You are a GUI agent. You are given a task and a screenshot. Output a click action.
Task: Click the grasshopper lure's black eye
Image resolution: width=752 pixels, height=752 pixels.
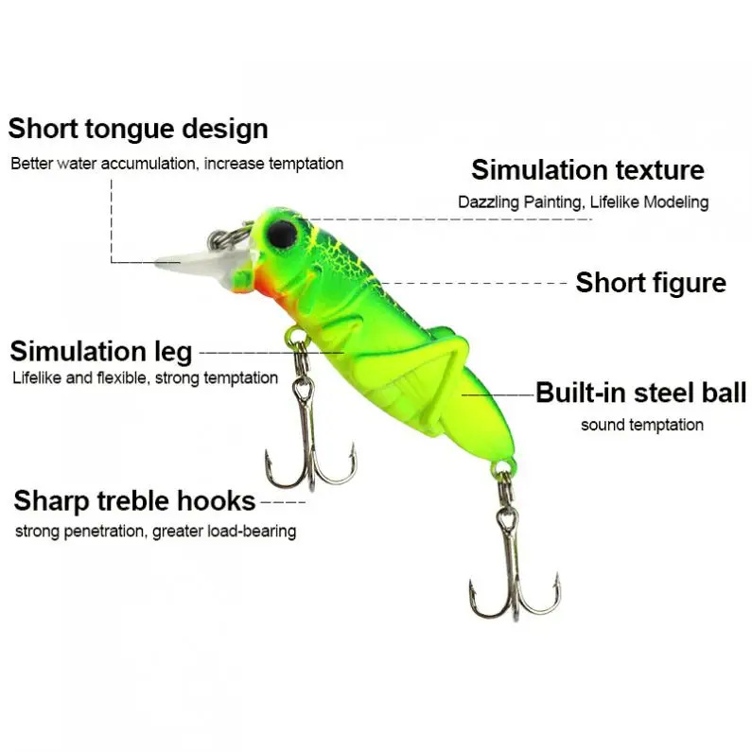(x=283, y=234)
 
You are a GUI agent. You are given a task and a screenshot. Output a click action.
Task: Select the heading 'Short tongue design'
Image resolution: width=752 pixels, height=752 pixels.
(x=138, y=129)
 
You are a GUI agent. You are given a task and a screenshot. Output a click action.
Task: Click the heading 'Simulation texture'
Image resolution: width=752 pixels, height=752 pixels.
(x=587, y=169)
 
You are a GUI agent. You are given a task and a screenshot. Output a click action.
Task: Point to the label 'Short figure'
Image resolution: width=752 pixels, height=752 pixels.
(x=651, y=282)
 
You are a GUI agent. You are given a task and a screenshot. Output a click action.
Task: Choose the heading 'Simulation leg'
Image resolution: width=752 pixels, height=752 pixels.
(x=100, y=352)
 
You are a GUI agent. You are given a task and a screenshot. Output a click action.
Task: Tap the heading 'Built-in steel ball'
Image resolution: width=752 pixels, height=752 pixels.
(x=640, y=393)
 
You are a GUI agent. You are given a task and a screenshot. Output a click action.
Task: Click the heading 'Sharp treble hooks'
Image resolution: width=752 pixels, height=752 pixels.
(x=134, y=500)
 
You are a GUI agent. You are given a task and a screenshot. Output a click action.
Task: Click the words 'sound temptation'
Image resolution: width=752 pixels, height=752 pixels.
(x=642, y=425)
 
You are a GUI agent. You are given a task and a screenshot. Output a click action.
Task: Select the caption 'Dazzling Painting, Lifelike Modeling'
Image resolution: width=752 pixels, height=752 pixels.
(x=584, y=201)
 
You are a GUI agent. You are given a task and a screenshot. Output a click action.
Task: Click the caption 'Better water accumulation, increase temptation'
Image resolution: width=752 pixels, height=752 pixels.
(x=177, y=164)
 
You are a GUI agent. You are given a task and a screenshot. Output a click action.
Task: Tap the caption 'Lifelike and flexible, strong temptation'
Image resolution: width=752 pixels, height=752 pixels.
(x=146, y=378)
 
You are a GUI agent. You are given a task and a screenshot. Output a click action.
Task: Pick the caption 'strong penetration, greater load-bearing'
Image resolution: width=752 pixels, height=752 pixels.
(x=156, y=532)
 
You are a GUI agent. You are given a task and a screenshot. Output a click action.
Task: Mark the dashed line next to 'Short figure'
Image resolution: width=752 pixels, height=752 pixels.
(x=472, y=283)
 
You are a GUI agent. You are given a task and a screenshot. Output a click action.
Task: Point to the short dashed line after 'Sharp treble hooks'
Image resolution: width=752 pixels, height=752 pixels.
(x=283, y=502)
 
